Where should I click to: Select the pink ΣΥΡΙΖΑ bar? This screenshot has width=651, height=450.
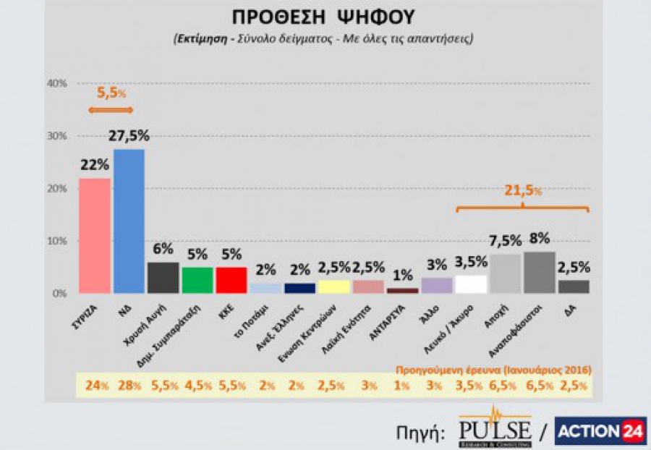(x=94, y=235)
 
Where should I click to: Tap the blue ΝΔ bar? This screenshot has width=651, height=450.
(x=129, y=221)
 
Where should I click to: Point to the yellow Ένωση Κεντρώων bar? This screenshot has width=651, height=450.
(x=335, y=286)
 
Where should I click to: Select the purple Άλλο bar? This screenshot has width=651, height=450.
(x=437, y=285)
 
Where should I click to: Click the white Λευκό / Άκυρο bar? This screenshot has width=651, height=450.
(x=471, y=284)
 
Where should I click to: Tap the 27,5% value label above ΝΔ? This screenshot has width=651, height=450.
(x=129, y=136)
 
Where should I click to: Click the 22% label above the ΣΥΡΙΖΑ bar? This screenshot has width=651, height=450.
(x=93, y=166)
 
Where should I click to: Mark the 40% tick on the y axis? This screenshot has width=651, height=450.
(x=56, y=84)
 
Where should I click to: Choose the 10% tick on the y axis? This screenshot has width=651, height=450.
(x=56, y=241)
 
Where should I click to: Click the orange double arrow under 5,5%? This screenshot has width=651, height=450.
(x=111, y=110)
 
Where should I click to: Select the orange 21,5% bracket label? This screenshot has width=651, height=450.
(x=522, y=191)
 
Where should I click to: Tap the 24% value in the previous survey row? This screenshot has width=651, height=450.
(x=95, y=386)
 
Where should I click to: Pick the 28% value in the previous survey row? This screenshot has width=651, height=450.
(x=129, y=386)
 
